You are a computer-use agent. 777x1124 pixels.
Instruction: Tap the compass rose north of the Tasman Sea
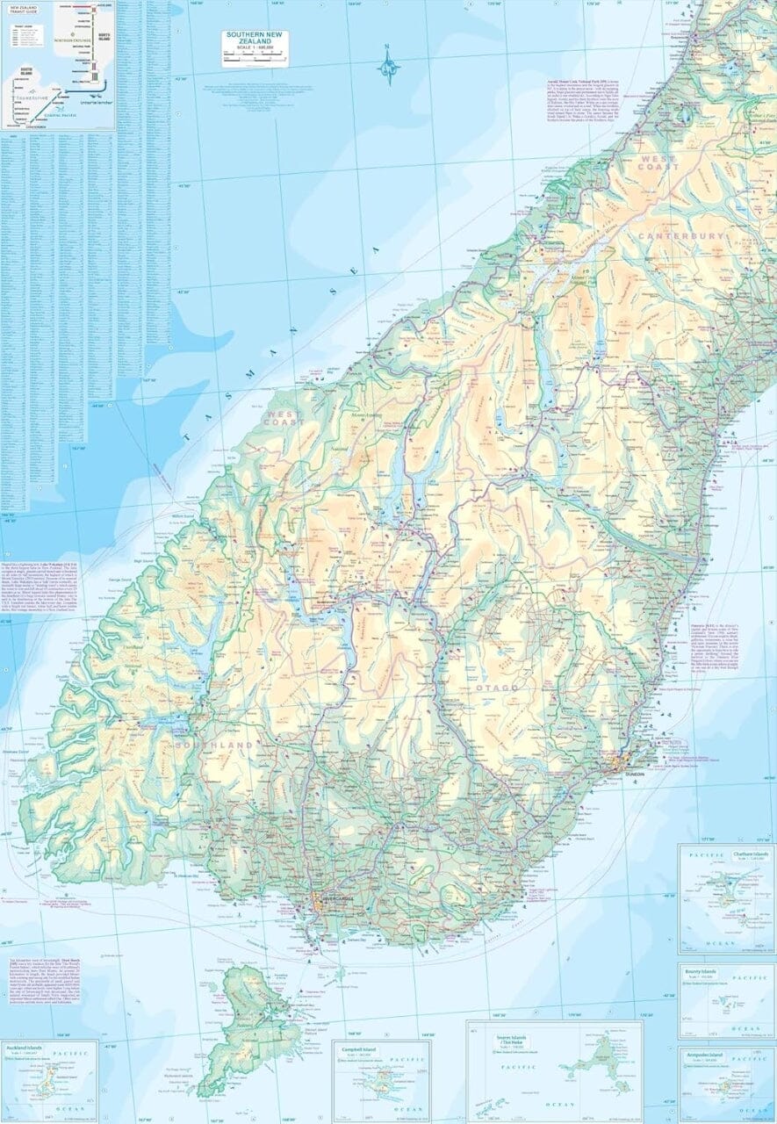388,67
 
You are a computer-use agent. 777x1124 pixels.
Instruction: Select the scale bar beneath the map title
254,58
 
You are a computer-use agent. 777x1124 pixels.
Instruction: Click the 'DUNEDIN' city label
635,775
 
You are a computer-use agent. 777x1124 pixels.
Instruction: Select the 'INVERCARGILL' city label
336,900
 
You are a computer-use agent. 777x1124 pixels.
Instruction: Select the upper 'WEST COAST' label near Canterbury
658,162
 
